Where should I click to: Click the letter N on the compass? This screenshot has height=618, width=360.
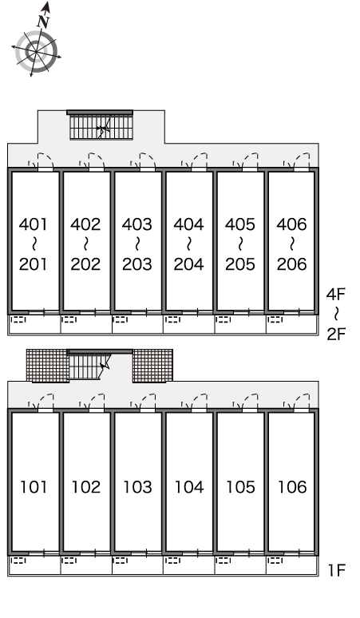[x=43, y=22]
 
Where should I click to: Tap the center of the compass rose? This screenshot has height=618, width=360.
[x=37, y=52]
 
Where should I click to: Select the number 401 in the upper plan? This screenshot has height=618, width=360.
[x=34, y=224]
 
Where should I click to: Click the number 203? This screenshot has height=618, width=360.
[x=137, y=264]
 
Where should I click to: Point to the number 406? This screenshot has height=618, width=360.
[x=292, y=224]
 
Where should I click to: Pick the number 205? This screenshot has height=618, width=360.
[x=240, y=264]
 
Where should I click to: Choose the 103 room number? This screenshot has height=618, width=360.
[x=137, y=487]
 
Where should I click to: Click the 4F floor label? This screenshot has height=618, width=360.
[x=336, y=294]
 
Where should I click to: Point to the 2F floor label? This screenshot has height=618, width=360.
[x=336, y=335]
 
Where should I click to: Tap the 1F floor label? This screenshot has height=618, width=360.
[x=337, y=570]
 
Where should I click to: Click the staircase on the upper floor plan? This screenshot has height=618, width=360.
[x=101, y=126]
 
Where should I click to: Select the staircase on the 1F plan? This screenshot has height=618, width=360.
[x=89, y=366]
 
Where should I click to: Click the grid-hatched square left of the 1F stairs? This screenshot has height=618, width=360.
[x=48, y=366]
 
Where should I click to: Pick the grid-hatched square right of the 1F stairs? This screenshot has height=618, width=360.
[x=152, y=366]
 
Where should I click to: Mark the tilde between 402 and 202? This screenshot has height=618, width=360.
[x=85, y=244]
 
